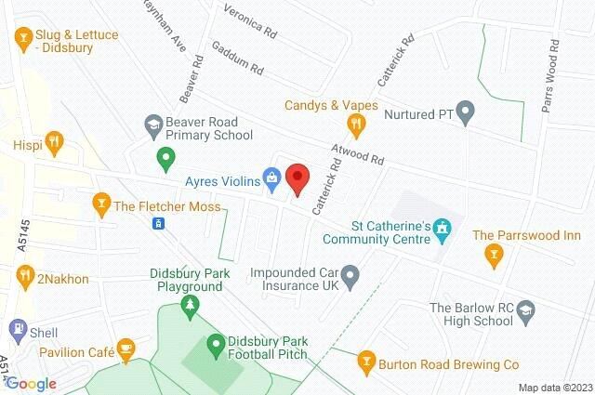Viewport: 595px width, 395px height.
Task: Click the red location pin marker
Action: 297,177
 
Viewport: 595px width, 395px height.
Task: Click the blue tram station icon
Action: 159,223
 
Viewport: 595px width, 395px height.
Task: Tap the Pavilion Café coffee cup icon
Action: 125,349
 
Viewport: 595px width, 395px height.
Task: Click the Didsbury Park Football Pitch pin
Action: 216,343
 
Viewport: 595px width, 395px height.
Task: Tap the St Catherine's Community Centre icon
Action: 443,227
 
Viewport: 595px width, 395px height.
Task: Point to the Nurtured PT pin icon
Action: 469,115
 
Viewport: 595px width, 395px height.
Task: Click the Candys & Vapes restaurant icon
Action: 353,123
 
